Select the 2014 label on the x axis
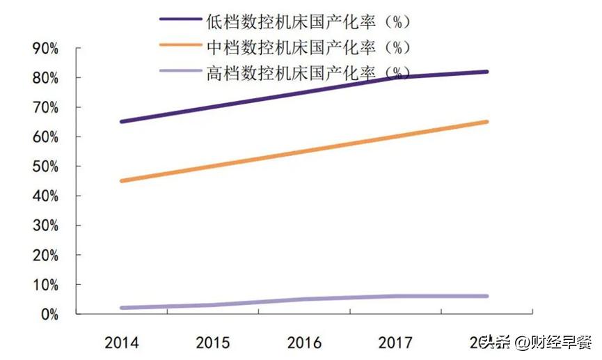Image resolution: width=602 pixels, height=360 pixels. click(x=121, y=343)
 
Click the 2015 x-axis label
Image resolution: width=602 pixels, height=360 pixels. click(x=213, y=343)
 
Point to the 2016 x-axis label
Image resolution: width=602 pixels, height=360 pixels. click(x=304, y=343)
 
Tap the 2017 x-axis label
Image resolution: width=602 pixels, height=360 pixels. click(x=395, y=343)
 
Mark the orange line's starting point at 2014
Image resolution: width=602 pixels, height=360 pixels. click(x=122, y=181)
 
